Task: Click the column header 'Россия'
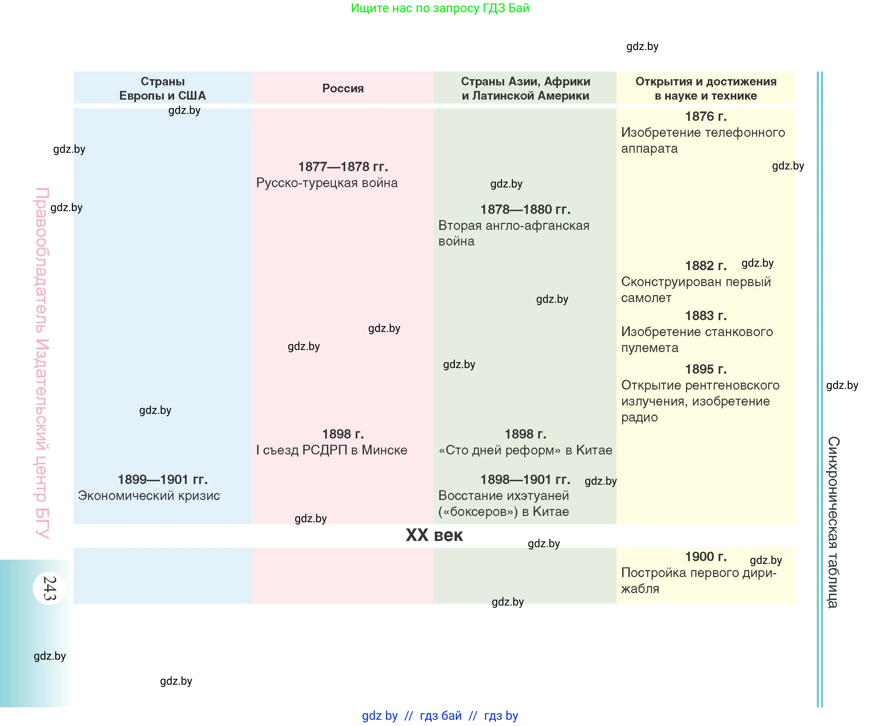tap(343, 88)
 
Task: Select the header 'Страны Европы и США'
tap(163, 88)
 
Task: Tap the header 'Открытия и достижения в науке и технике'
tap(706, 88)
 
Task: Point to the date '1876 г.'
tap(706, 116)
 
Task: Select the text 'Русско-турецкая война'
tap(327, 183)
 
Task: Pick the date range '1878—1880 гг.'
tap(525, 209)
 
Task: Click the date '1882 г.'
tap(706, 266)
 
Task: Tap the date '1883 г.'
tap(706, 315)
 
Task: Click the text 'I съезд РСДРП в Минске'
tap(332, 450)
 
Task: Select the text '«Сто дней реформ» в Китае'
tap(525, 450)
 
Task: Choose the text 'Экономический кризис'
tap(149, 495)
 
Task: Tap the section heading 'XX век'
tap(434, 535)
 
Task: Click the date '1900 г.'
tap(706, 557)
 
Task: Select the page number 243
tap(50, 589)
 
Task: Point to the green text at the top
tap(440, 8)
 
